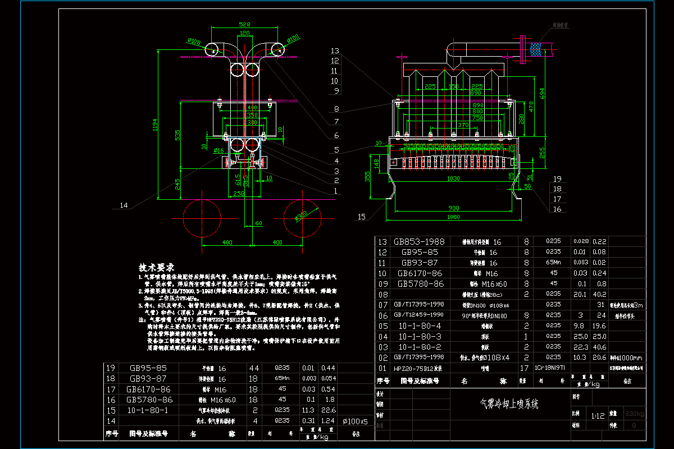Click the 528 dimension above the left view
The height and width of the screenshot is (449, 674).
(244, 25)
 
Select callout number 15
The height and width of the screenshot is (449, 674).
(361, 216)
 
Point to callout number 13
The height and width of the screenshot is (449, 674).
(335, 51)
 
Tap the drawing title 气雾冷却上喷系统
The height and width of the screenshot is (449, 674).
(508, 404)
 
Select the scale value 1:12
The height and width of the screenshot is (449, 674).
(598, 416)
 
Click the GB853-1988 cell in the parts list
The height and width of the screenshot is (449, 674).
(418, 242)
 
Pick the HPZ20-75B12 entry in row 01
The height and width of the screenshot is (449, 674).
(418, 368)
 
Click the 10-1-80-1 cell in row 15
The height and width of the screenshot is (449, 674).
(148, 410)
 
